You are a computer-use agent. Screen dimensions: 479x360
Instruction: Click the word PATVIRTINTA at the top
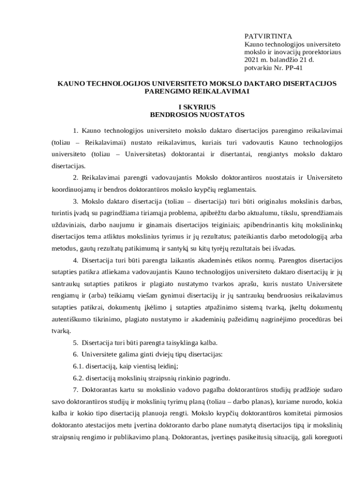point(268,36)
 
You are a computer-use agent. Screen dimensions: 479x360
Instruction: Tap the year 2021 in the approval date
point(252,60)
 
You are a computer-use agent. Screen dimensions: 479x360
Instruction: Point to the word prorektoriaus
point(321,52)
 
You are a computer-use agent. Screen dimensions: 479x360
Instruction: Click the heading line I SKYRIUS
point(197,106)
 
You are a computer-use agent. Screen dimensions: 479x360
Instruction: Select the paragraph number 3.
point(75,202)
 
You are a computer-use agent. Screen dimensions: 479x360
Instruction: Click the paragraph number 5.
point(75,343)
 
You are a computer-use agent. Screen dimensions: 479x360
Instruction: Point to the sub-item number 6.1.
point(78,366)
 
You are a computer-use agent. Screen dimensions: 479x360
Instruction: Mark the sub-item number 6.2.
point(78,378)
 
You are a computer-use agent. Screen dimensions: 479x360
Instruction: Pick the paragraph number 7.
point(75,390)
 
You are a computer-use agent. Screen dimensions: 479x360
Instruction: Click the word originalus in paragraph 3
point(263,202)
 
